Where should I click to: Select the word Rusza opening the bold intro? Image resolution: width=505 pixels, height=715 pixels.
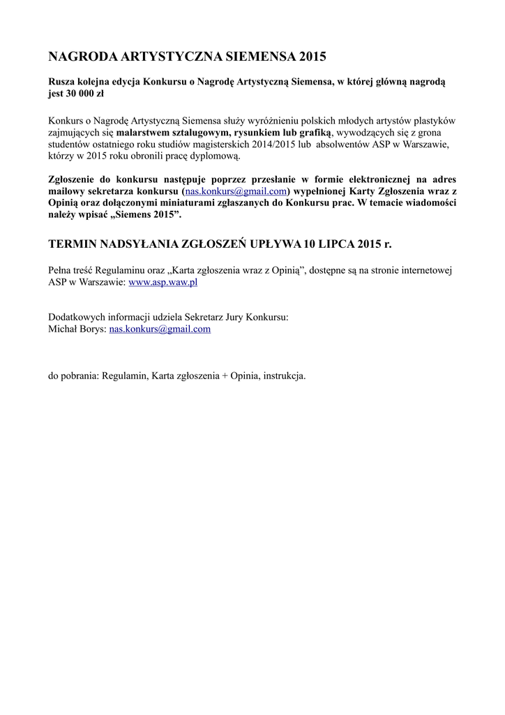[61, 82]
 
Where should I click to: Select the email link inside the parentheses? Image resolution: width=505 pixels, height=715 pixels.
[236, 191]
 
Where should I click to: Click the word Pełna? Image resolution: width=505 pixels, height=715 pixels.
[61, 270]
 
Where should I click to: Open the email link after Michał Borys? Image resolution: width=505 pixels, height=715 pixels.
[160, 329]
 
